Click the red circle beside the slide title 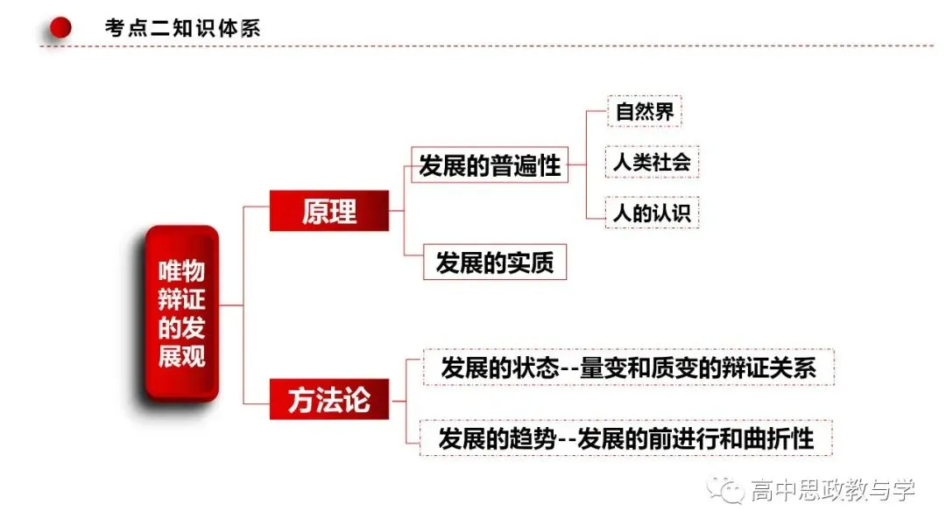click(60, 28)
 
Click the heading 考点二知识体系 click(183, 28)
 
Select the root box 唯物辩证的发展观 click(181, 313)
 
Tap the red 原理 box click(328, 211)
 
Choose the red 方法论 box click(328, 400)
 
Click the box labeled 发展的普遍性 click(490, 164)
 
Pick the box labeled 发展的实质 click(495, 262)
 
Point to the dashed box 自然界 click(645, 111)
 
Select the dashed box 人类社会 click(652, 162)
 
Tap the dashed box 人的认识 click(652, 212)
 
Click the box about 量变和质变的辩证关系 click(629, 367)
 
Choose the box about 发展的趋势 click(625, 438)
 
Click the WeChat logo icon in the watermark click(726, 490)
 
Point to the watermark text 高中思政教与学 click(833, 490)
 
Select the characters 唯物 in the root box click(181, 271)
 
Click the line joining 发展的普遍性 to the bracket click(576, 164)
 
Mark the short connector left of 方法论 click(257, 403)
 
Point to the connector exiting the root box click(230, 305)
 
